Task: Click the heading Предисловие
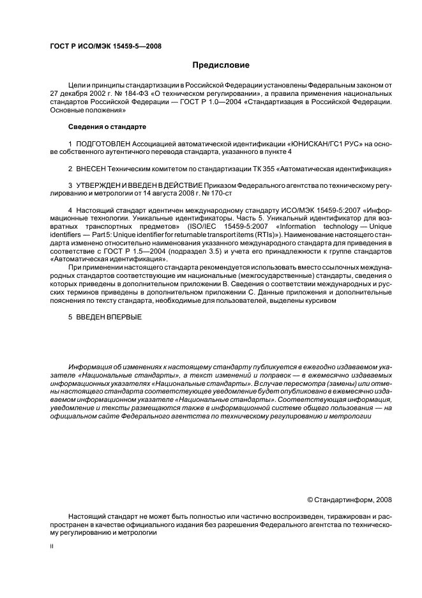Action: [222, 65]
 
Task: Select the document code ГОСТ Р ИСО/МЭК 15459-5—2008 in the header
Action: [105, 47]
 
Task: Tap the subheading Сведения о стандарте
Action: [107, 126]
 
